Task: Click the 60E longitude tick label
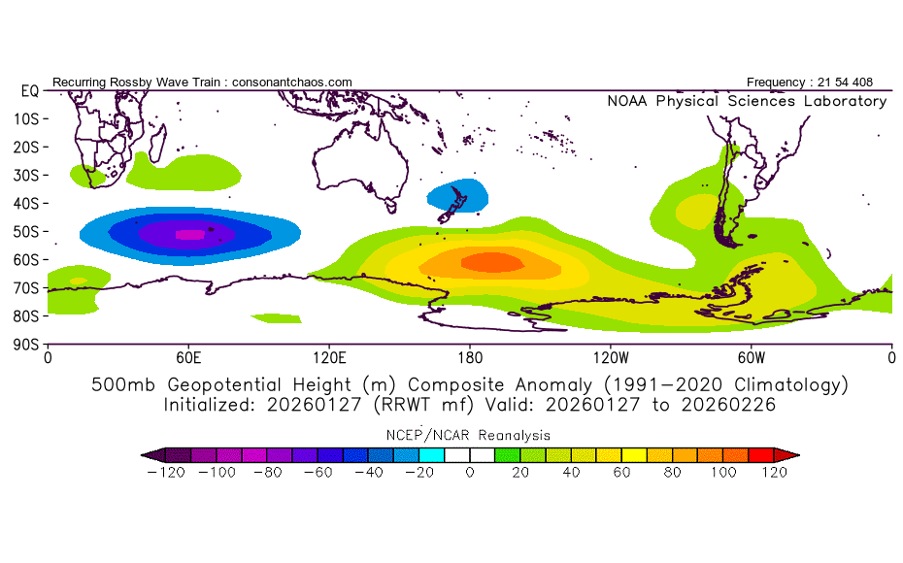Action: [188, 357]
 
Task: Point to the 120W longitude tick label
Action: [611, 357]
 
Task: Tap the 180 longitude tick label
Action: [470, 357]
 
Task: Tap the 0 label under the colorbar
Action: [469, 473]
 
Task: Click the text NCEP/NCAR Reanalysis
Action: [470, 435]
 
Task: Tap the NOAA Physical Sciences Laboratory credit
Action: [746, 101]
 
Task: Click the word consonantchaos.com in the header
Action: [291, 83]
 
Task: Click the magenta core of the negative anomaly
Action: [190, 233]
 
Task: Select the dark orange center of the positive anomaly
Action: [491, 262]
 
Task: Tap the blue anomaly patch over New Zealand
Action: [456, 195]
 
